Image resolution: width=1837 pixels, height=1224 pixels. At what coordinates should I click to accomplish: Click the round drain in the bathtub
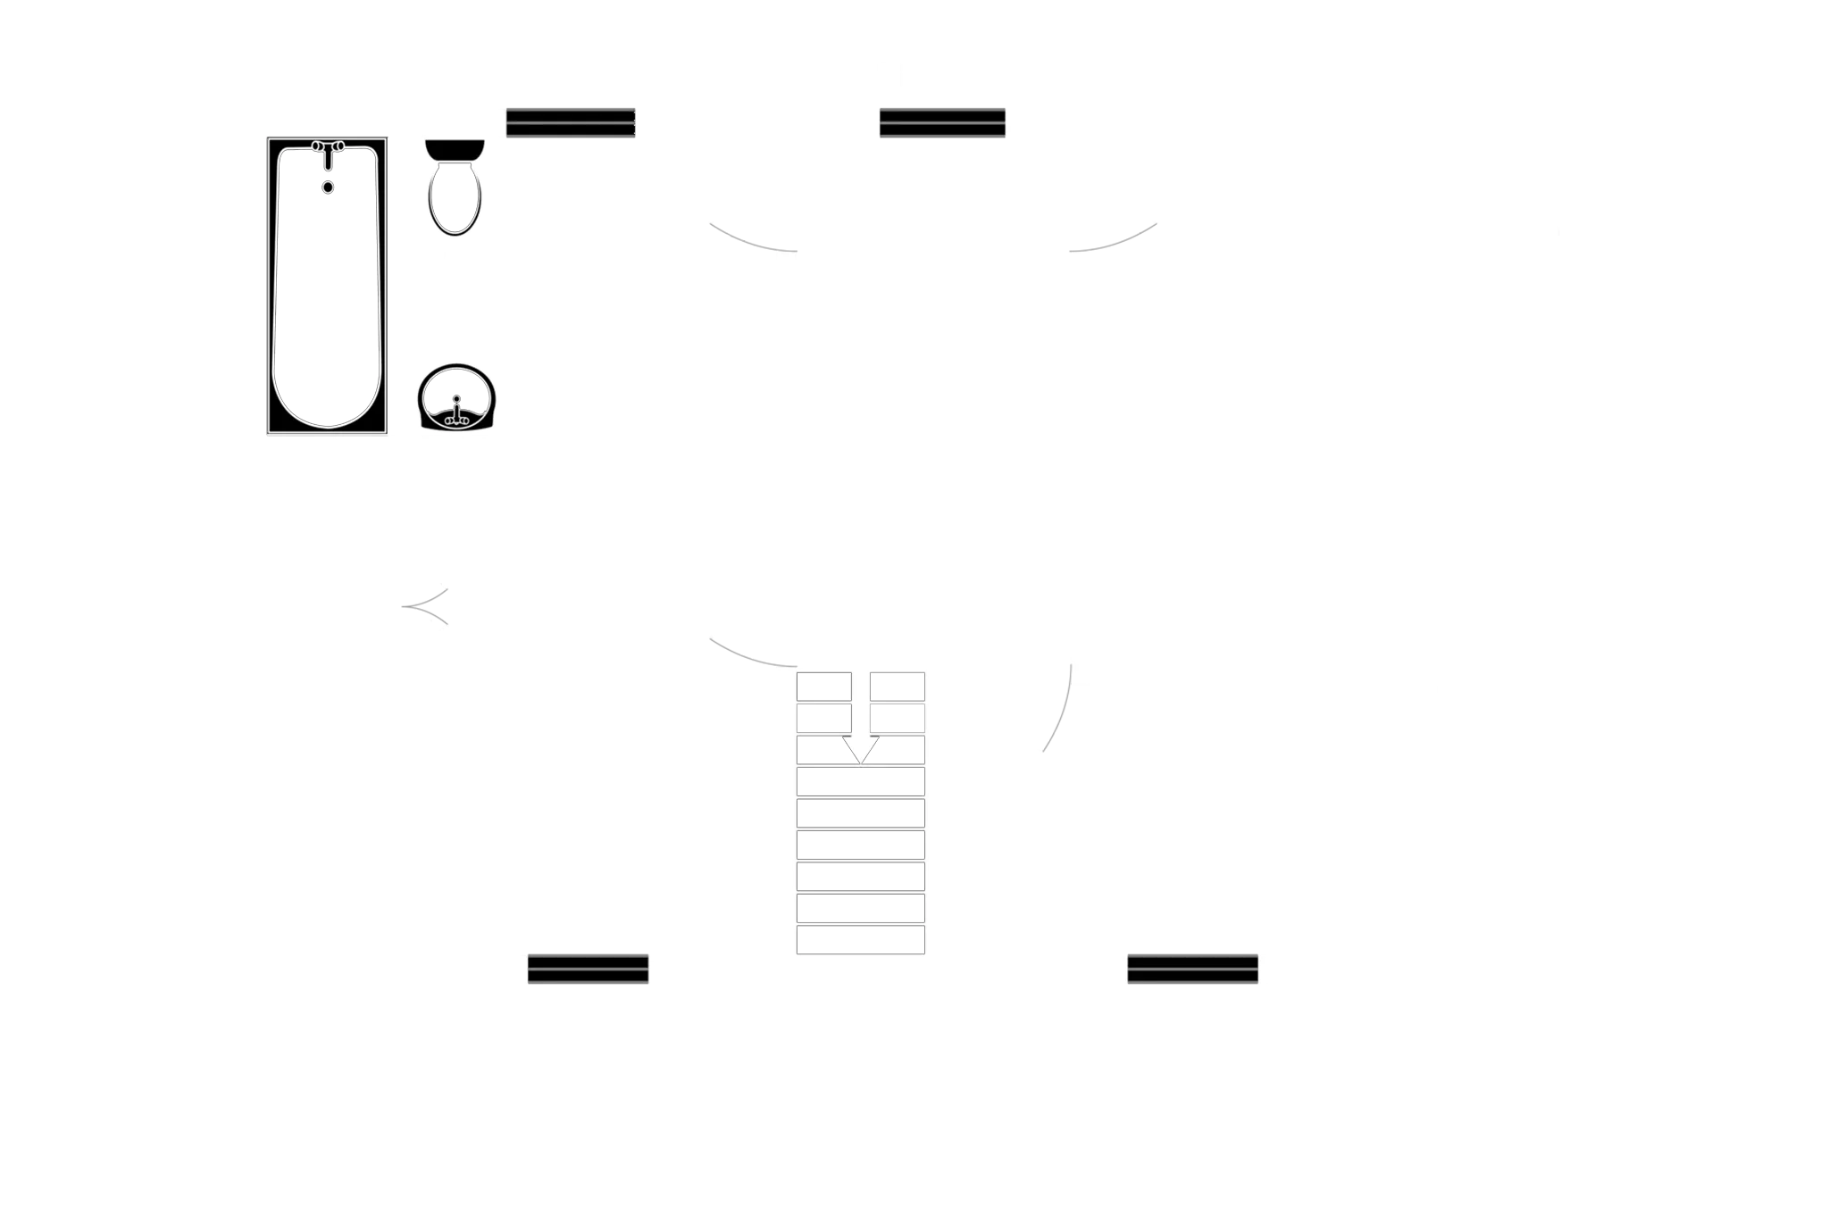(329, 187)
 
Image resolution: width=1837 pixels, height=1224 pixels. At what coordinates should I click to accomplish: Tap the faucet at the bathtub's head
(328, 149)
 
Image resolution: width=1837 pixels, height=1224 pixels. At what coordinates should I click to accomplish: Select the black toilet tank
(454, 148)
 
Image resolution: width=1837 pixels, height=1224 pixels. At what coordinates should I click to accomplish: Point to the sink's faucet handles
(456, 415)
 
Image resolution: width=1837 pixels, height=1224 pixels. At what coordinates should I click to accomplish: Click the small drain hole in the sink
(456, 398)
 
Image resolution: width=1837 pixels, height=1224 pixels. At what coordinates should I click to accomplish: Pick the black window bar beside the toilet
(571, 124)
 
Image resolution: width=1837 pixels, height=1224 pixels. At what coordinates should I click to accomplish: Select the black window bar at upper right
(942, 124)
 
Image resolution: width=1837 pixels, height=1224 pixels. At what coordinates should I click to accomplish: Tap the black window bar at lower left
(588, 968)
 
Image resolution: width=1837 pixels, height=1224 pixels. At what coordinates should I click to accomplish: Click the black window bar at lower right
(1192, 968)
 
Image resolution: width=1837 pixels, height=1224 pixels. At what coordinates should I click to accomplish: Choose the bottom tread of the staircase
(860, 940)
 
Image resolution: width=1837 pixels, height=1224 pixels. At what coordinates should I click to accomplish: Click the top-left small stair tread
(823, 687)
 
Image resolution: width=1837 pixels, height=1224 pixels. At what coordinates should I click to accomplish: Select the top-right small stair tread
(897, 687)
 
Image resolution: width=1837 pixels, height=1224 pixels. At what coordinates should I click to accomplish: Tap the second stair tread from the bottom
(860, 908)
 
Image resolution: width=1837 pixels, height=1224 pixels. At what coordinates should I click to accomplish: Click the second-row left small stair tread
(823, 718)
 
